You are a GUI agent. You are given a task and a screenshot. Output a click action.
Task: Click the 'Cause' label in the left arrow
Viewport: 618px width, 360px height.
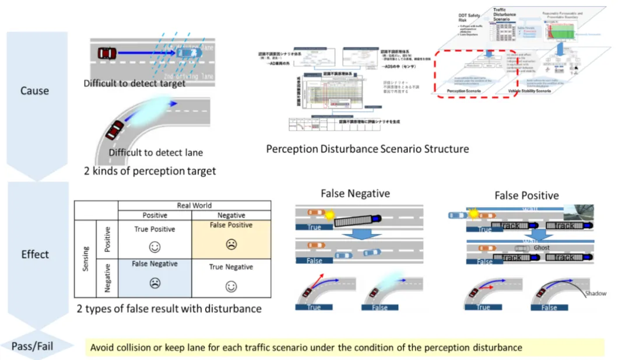(34, 91)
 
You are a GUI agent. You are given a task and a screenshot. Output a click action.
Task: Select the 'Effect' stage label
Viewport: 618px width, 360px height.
(34, 254)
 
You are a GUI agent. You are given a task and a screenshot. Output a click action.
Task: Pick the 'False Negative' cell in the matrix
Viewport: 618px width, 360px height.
(154, 274)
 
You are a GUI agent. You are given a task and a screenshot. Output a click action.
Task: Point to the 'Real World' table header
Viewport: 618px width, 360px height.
(195, 205)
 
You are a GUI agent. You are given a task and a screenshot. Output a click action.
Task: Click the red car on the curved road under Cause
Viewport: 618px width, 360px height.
(115, 128)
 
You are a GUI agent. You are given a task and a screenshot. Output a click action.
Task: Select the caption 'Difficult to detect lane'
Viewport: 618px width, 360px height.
(156, 153)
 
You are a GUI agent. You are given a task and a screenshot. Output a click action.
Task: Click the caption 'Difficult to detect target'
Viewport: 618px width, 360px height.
(134, 83)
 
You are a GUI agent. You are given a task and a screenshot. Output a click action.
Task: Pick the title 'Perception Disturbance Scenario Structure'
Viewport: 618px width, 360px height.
(367, 149)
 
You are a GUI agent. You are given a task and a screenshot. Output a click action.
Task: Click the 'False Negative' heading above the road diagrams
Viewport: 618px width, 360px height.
(355, 194)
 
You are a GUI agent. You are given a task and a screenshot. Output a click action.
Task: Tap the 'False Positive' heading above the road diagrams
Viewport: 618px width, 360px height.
(526, 195)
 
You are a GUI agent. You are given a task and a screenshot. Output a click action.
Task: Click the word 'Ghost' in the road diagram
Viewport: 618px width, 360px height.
(541, 247)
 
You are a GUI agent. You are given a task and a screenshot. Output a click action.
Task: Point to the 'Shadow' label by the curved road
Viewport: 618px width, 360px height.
(595, 293)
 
